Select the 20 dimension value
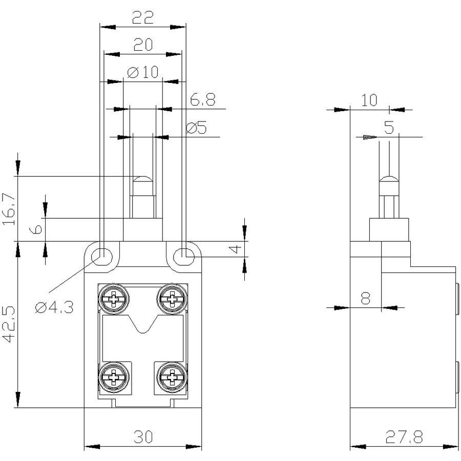point(143,46)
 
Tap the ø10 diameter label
point(143,73)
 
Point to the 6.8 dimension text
point(203,100)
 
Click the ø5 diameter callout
point(197,128)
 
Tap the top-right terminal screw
point(172,298)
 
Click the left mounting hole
point(102,254)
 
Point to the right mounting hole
point(184,255)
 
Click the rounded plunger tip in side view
point(389,180)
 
